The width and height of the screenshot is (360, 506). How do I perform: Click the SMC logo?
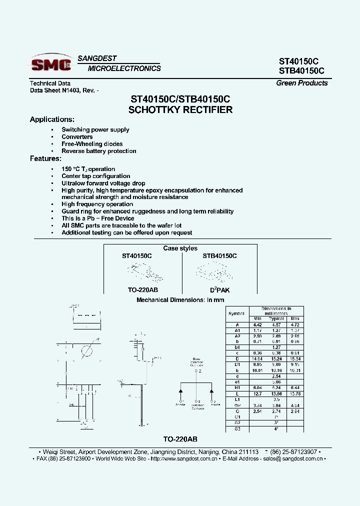click(51, 64)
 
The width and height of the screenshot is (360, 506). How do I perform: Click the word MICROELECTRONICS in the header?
click(124, 68)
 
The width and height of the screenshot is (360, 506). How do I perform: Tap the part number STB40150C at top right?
click(301, 71)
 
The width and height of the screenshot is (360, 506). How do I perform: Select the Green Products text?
click(302, 83)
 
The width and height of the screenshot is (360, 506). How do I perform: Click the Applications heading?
click(52, 119)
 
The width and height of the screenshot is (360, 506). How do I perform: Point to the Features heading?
click(45, 158)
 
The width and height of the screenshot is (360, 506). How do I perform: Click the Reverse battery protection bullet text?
click(99, 151)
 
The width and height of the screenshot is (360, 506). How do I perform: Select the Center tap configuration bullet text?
click(96, 176)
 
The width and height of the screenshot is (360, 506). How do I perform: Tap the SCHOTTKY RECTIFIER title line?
click(180, 110)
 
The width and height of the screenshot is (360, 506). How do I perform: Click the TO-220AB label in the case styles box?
click(143, 290)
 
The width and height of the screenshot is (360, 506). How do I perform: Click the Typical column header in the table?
click(276, 318)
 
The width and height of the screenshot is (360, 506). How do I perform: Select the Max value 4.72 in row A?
click(295, 324)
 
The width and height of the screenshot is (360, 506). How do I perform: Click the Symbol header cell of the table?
click(236, 313)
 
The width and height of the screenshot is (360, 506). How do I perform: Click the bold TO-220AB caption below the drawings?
click(180, 438)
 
